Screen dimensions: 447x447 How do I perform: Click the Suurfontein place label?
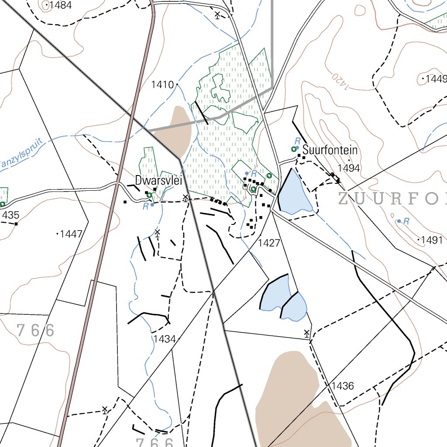(330, 151)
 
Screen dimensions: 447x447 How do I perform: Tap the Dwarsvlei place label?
(158, 180)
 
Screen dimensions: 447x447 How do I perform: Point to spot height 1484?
(61, 5)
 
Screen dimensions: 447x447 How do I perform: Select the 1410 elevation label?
(162, 85)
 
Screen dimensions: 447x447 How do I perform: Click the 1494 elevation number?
(348, 168)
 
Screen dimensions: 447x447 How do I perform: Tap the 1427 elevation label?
(268, 243)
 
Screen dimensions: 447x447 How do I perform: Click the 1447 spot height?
(71, 234)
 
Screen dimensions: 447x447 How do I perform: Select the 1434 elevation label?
(164, 339)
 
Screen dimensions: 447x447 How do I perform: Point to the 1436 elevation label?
(343, 386)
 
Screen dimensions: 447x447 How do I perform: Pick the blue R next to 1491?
(406, 222)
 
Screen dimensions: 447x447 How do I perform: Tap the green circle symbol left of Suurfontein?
(294, 149)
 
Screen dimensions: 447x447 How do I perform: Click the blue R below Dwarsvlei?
(146, 206)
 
